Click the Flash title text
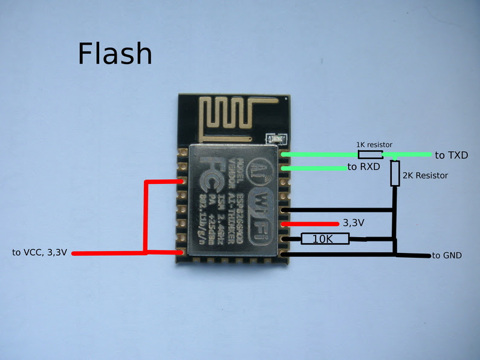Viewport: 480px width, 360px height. coord(114,54)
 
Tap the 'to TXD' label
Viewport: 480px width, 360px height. coord(451,155)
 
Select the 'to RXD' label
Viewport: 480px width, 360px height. coord(363,167)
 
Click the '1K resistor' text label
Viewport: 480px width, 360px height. coord(374,145)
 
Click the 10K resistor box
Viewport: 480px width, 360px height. coord(325,239)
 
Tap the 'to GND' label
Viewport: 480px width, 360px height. coord(447,256)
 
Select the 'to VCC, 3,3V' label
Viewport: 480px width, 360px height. coord(39,252)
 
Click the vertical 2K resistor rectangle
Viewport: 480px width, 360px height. coord(395,173)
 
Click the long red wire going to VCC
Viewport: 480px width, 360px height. coord(109,253)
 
